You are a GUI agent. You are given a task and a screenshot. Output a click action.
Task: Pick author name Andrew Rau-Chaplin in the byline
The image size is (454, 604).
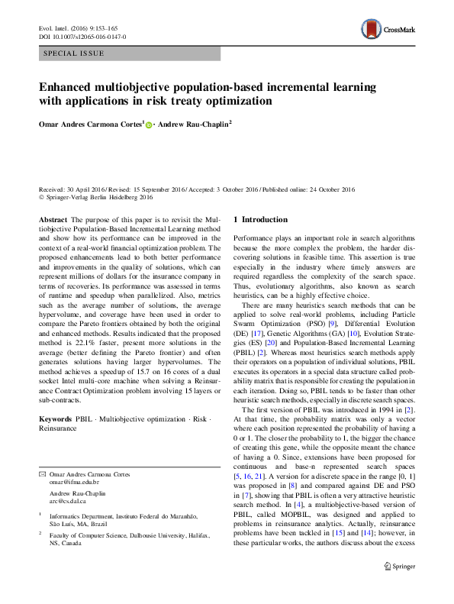[x=195, y=124]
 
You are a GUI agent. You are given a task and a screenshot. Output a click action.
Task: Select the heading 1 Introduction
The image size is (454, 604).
[x=260, y=219]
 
